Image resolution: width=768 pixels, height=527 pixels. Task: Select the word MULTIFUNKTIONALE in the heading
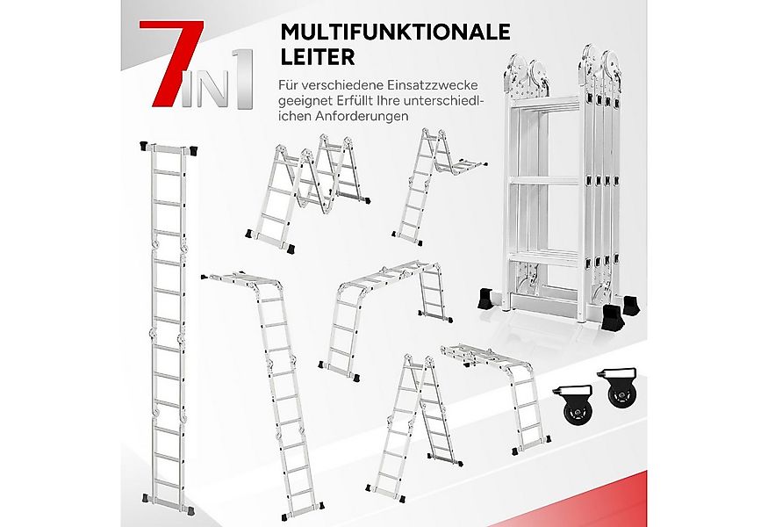tap(394, 32)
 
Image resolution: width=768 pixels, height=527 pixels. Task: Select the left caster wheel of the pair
tap(575, 405)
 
